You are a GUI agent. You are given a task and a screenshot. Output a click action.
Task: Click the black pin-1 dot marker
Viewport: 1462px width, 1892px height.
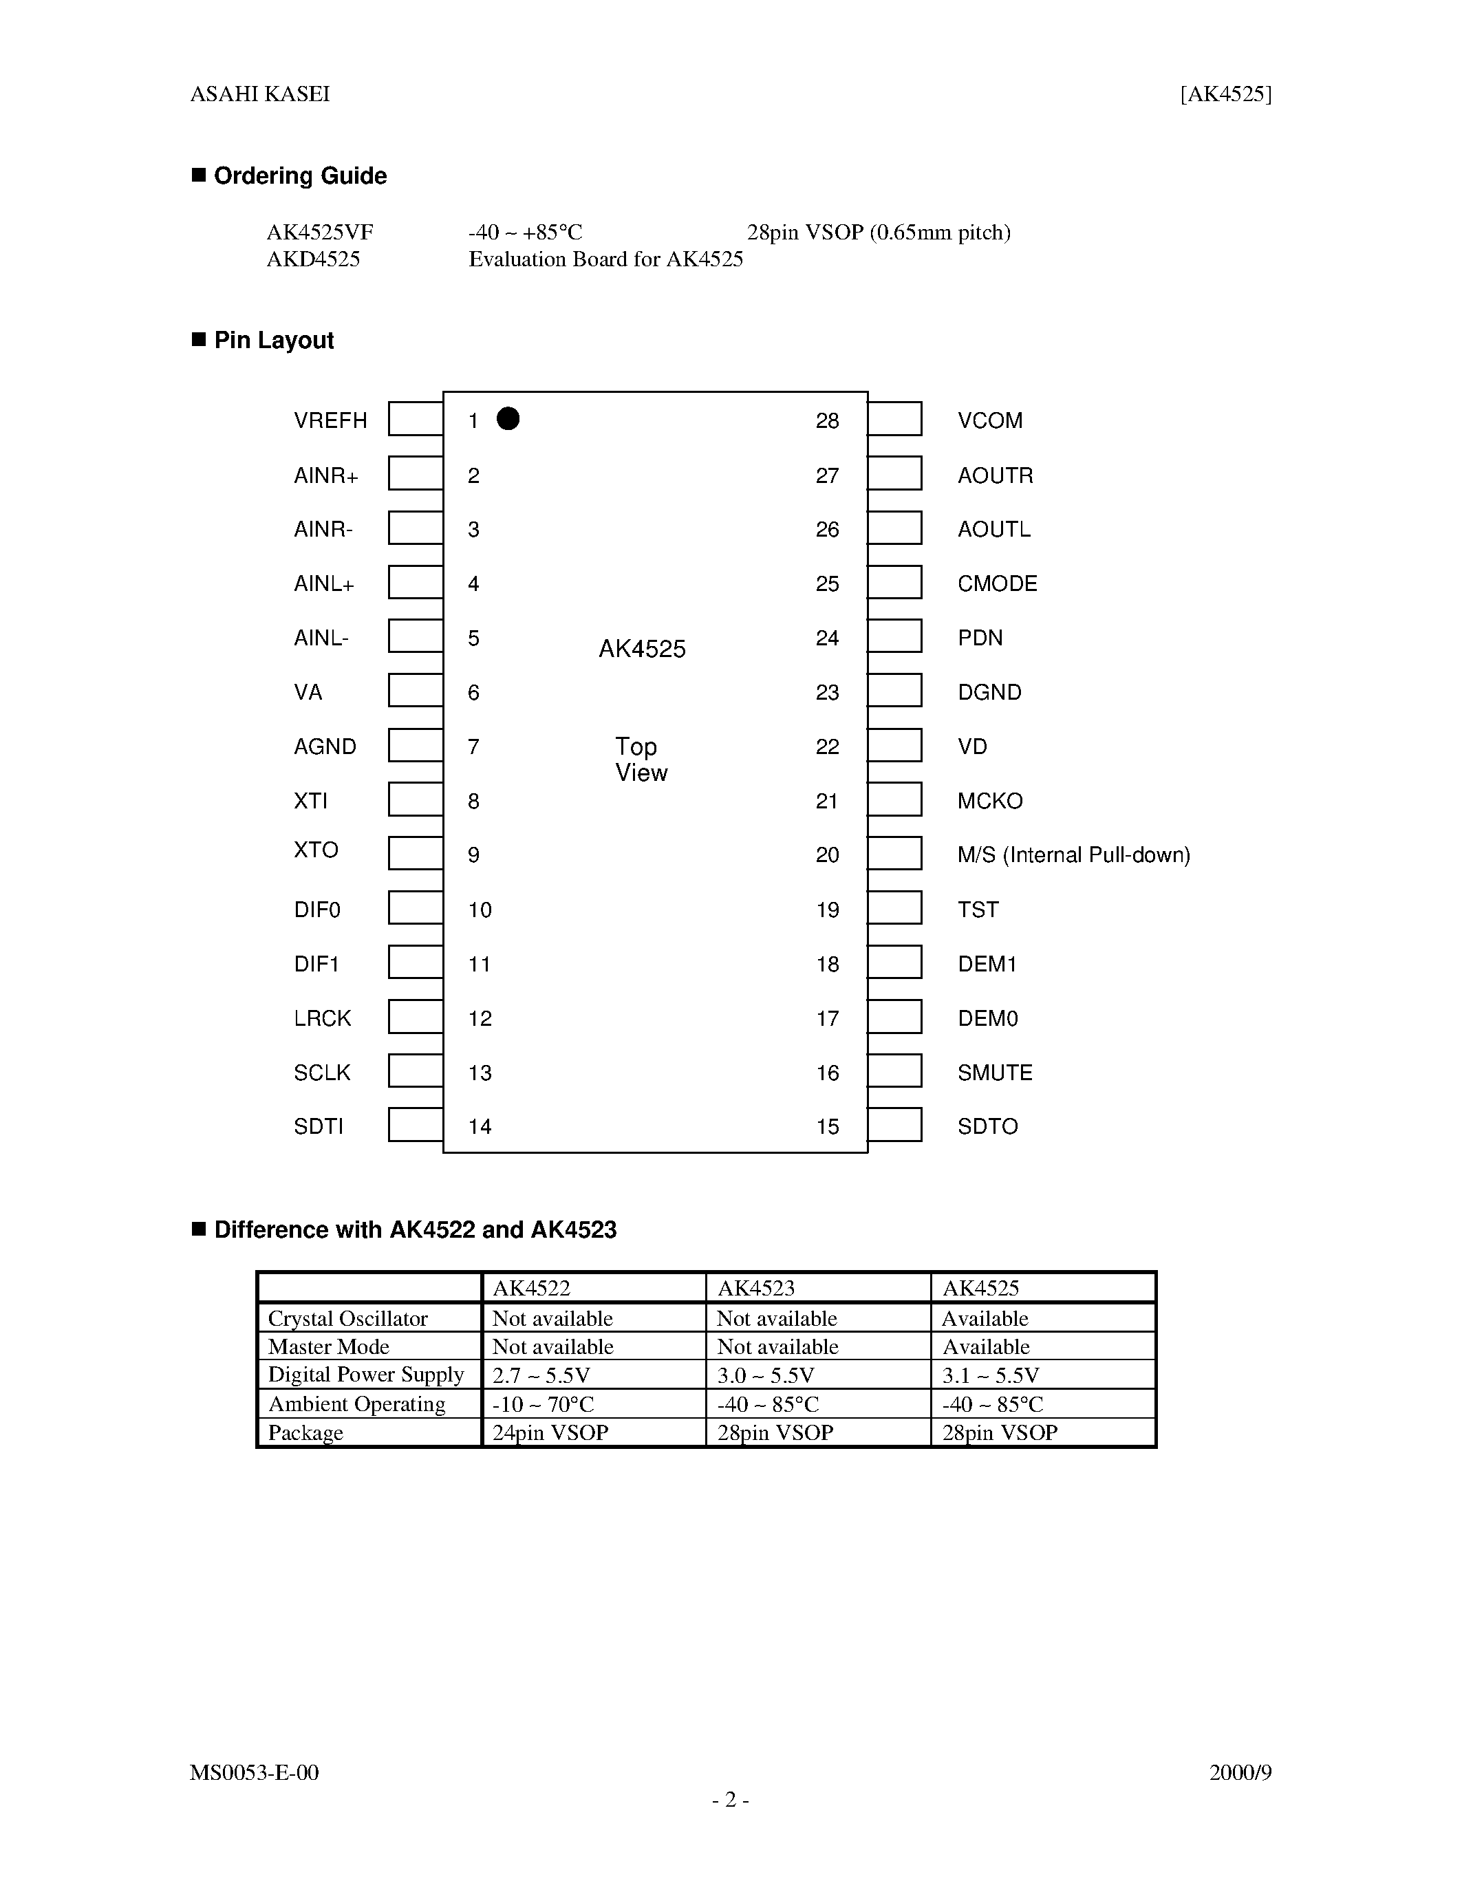pyautogui.click(x=508, y=419)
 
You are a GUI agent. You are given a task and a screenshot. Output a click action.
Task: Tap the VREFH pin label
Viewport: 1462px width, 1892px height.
pyautogui.click(x=330, y=421)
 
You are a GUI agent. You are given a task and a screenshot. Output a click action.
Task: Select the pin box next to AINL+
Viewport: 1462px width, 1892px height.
pyautogui.click(x=416, y=582)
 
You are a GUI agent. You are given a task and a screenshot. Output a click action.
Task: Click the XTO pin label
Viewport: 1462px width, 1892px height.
pyautogui.click(x=315, y=850)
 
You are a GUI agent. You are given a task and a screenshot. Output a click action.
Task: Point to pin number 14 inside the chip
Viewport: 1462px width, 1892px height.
pyautogui.click(x=480, y=1126)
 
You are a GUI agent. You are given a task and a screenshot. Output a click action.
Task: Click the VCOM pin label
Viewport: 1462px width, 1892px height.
pyautogui.click(x=990, y=421)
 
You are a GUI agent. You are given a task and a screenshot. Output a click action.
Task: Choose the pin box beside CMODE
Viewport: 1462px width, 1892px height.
pyautogui.click(x=894, y=582)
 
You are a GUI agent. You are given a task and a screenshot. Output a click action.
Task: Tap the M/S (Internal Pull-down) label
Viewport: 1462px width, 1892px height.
pyautogui.click(x=1073, y=855)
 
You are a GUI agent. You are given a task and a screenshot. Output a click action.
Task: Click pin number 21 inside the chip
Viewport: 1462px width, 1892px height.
pyautogui.click(x=827, y=802)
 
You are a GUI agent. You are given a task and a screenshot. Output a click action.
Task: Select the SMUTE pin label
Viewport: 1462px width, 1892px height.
pyautogui.click(x=994, y=1073)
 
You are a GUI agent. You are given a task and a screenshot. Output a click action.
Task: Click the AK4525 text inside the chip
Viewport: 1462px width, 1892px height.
pyautogui.click(x=642, y=649)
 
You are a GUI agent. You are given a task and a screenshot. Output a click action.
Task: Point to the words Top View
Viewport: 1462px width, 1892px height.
pyautogui.click(x=640, y=760)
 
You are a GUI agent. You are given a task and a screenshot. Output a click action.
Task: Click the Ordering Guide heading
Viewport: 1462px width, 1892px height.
pyautogui.click(x=300, y=176)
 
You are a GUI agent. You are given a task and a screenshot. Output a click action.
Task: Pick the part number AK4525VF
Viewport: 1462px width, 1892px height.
pyautogui.click(x=320, y=232)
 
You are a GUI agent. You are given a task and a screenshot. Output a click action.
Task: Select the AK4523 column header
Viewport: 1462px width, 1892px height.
pyautogui.click(x=755, y=1288)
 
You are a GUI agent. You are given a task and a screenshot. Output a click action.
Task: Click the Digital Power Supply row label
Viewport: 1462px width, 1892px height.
pyautogui.click(x=365, y=1375)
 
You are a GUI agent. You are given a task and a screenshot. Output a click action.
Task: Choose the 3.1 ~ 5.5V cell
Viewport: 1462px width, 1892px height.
pyautogui.click(x=990, y=1375)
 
